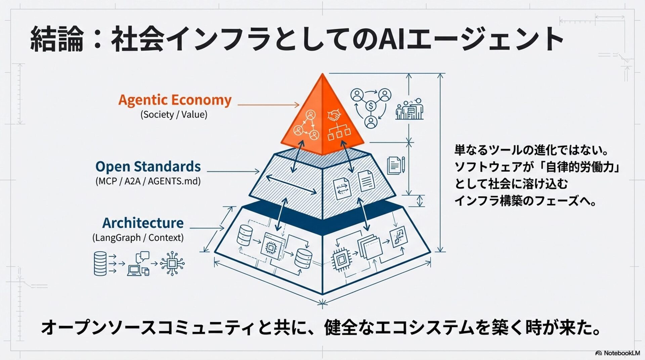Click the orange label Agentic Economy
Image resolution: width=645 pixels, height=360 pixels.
click(175, 100)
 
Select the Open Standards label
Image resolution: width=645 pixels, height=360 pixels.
click(148, 167)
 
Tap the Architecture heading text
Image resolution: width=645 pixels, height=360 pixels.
click(143, 223)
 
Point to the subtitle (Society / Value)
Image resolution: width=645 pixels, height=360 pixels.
click(174, 115)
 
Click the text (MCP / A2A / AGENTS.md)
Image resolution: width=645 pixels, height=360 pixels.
click(148, 181)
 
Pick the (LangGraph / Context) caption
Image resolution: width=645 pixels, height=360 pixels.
click(138, 238)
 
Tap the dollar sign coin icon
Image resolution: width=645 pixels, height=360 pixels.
click(371, 106)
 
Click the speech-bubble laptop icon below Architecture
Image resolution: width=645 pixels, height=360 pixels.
click(138, 264)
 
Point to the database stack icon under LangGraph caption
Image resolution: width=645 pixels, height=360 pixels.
click(100, 264)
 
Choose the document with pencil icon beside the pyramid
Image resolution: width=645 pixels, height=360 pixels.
click(396, 165)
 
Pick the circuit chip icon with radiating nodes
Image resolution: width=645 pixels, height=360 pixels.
click(172, 264)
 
